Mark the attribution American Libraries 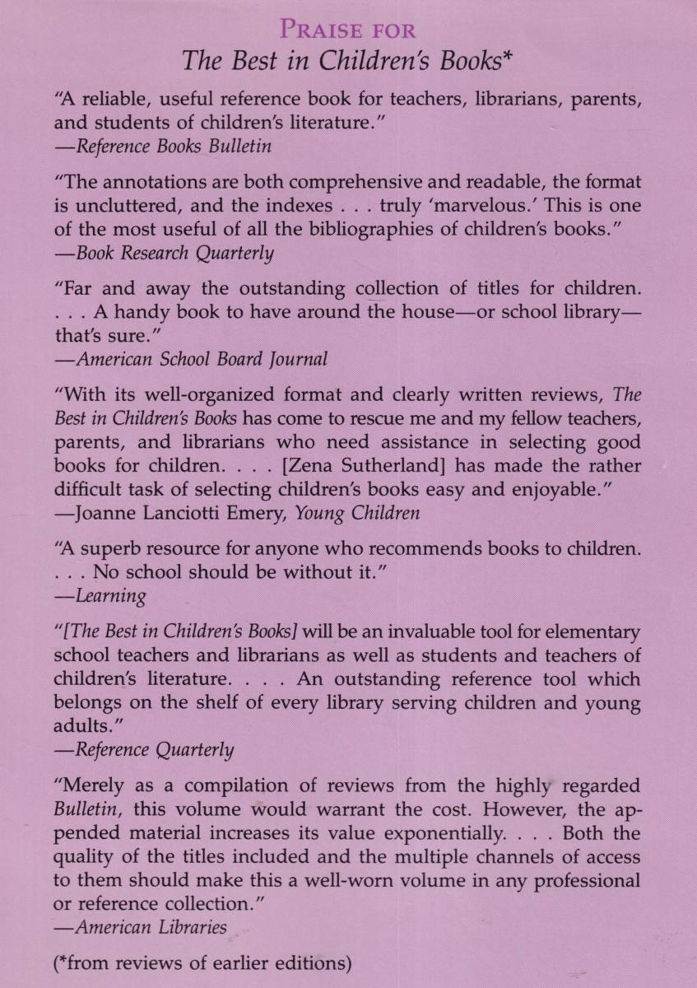[x=151, y=927]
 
